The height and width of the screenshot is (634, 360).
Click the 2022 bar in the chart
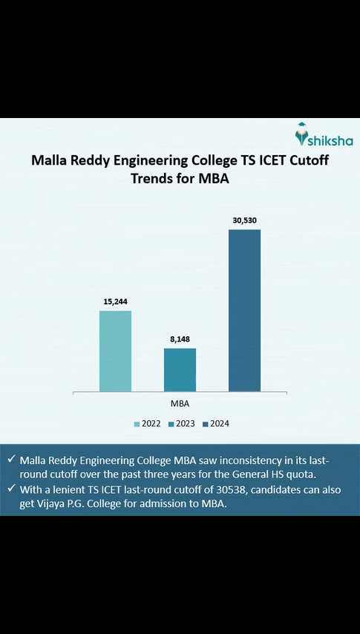(115, 350)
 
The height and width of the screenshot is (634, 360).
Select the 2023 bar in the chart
(180, 369)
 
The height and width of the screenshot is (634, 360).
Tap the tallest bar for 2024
(244, 310)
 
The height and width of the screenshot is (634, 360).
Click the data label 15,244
(115, 302)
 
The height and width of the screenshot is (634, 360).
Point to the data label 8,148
(180, 339)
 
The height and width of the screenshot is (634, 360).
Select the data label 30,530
(244, 220)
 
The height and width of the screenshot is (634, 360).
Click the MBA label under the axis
(180, 403)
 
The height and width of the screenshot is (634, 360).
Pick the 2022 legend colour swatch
(137, 424)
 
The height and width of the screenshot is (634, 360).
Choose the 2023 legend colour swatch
(171, 424)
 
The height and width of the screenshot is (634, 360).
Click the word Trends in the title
(155, 178)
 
